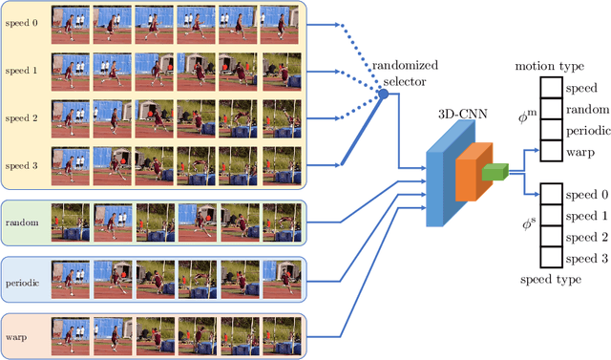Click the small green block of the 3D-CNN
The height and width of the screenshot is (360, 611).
tap(495, 172)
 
